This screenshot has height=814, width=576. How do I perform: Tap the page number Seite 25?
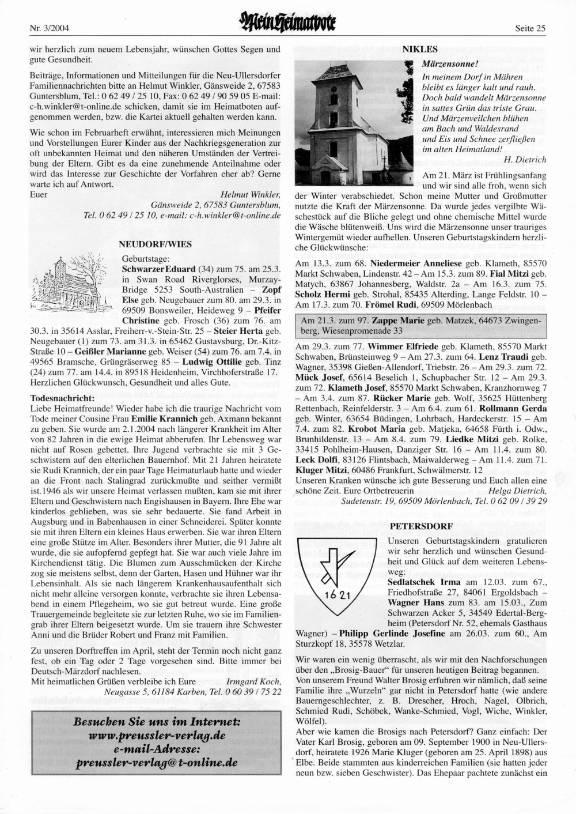(x=530, y=28)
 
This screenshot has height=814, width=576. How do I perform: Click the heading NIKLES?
(x=419, y=49)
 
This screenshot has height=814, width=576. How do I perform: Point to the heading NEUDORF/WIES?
(x=155, y=244)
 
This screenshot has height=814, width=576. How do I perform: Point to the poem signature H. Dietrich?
(x=525, y=160)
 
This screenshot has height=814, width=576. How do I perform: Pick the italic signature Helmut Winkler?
(x=251, y=194)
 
